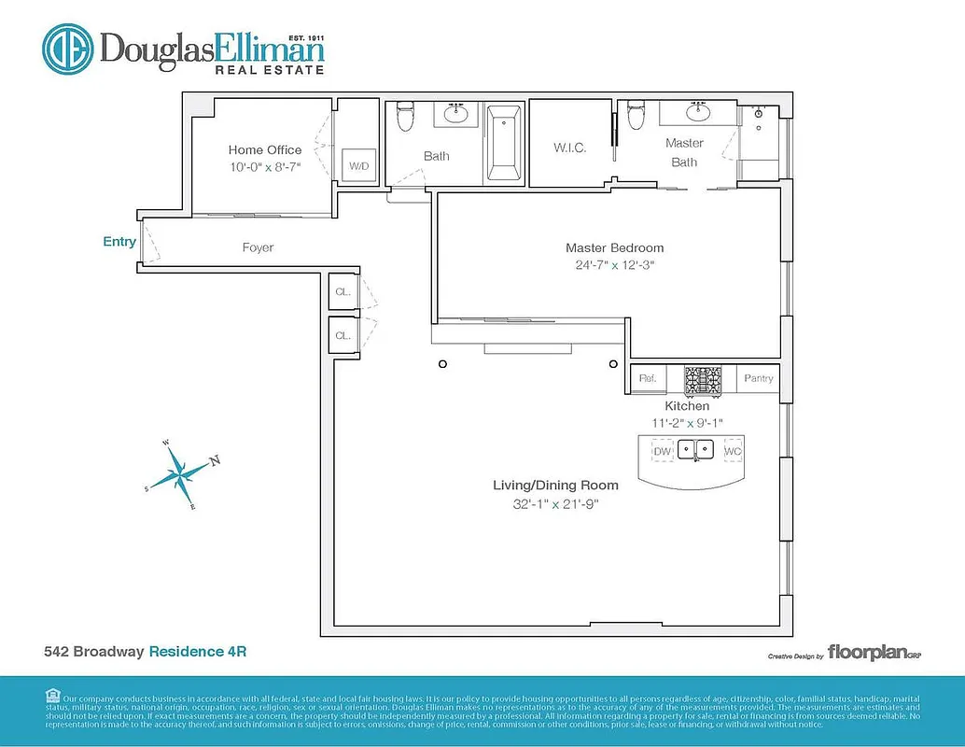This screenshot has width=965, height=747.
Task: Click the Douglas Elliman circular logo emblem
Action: (67, 49)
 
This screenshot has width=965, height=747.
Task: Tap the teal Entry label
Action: (119, 242)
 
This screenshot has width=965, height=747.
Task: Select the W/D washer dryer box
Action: (358, 166)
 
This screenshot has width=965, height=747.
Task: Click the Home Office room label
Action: (265, 149)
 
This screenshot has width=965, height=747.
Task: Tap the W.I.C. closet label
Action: (569, 148)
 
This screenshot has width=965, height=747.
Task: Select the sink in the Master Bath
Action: (697, 114)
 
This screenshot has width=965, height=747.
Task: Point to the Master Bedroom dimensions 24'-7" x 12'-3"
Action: (614, 264)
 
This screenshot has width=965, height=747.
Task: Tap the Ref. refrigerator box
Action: (648, 378)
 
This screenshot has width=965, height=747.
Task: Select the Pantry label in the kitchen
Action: (757, 378)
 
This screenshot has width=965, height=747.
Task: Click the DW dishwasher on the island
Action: (662, 451)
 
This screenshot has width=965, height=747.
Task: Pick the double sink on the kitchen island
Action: (696, 450)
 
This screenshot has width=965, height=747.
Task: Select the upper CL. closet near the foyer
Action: (343, 291)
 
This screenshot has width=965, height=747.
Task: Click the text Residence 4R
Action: (198, 651)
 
